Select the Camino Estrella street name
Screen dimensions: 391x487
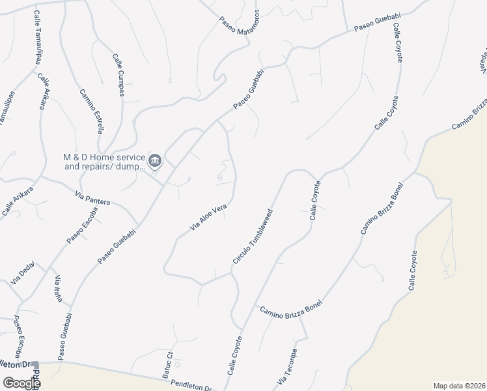pyautogui.click(x=92, y=111)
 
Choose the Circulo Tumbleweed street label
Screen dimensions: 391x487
pyautogui.click(x=253, y=237)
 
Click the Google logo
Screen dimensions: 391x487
pyautogui.click(x=21, y=383)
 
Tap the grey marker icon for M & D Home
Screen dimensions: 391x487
pyautogui.click(x=155, y=160)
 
